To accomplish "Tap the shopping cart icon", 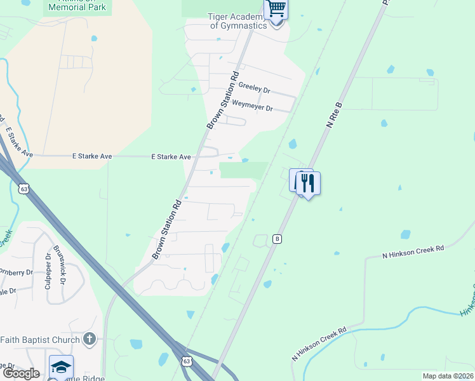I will (277, 9).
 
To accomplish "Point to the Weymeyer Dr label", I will (252, 106).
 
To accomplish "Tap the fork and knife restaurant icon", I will (308, 184).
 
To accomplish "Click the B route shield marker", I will (277, 239).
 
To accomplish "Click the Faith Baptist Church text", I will (40, 340).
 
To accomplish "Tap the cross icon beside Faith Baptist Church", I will (90, 339).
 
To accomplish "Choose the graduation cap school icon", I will (61, 368).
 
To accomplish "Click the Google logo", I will (21, 373).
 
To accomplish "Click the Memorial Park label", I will (78, 8).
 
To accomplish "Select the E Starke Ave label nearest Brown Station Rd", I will (171, 157).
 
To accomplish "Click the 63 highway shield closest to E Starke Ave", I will (24, 189).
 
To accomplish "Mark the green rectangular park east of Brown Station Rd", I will (243, 170).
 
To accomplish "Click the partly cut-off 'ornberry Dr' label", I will (16, 272).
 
